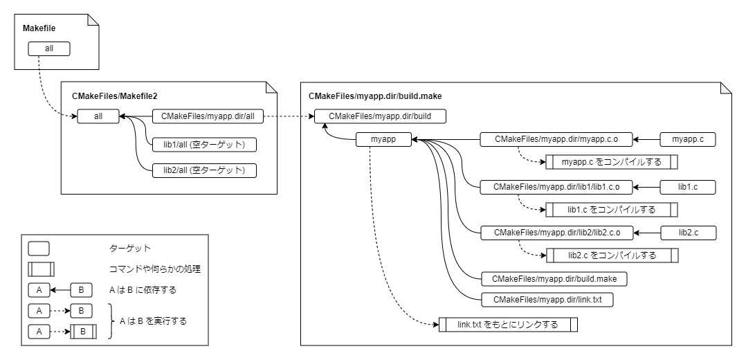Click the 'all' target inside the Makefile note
(x=49, y=49)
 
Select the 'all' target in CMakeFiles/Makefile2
(x=98, y=117)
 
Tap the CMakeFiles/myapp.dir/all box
(x=208, y=117)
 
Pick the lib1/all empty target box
(x=204, y=144)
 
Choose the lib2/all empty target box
(x=204, y=170)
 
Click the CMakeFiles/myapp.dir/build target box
(x=380, y=116)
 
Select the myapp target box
(x=383, y=140)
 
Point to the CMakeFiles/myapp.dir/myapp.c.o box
(x=556, y=140)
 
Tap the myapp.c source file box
(x=687, y=140)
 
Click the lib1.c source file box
(x=687, y=186)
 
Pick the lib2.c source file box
(x=687, y=233)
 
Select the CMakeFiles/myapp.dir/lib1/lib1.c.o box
(x=556, y=186)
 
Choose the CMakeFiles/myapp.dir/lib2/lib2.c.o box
(x=556, y=233)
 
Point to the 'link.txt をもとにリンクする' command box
(x=508, y=324)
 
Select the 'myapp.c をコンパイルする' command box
(x=612, y=163)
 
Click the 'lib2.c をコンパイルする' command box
(x=612, y=255)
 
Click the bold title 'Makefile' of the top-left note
(x=39, y=28)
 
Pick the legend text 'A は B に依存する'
(x=143, y=289)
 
